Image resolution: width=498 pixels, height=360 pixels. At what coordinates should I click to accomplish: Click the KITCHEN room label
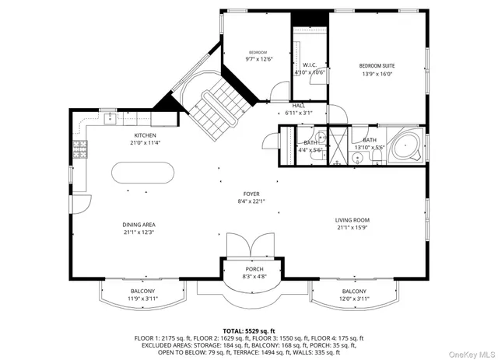(146, 135)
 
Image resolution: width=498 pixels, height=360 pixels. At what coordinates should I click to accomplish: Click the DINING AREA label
(139, 224)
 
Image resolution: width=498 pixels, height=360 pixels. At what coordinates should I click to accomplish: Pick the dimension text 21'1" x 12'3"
(139, 232)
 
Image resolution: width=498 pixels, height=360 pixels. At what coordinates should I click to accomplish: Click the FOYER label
(251, 194)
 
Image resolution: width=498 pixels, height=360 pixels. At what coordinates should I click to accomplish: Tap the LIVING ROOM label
(352, 220)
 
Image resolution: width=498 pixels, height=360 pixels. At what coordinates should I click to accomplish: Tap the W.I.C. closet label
(309, 65)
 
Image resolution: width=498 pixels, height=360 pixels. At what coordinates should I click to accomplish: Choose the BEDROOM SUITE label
(378, 66)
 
